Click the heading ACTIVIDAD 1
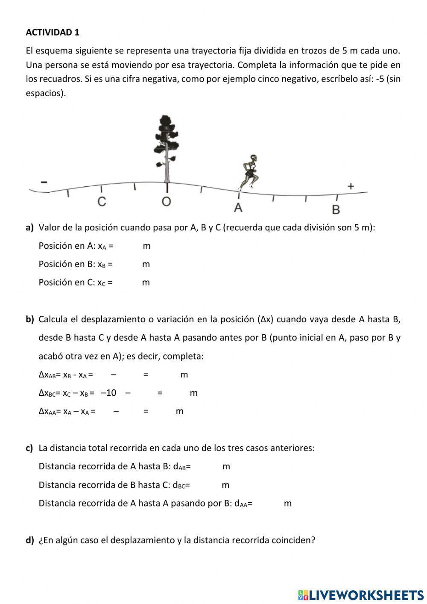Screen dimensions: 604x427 [53, 32]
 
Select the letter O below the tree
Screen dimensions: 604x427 [166, 202]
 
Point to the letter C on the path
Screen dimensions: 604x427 [101, 202]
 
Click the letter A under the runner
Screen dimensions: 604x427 [238, 208]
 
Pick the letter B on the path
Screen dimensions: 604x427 [336, 210]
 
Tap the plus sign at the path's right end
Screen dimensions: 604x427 [351, 186]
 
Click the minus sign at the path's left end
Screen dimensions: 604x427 [44, 183]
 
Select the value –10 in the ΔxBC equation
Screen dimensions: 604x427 [108, 393]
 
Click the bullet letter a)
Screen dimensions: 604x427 [29, 227]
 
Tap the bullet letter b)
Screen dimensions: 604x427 [29, 319]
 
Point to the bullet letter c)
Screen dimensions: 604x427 [29, 448]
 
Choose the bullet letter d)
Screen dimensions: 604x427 [29, 540]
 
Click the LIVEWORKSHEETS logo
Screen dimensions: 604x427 [361, 595]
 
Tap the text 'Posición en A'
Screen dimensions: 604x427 [67, 246]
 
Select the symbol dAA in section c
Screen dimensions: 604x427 [242, 504]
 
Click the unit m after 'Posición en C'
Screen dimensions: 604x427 [146, 283]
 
